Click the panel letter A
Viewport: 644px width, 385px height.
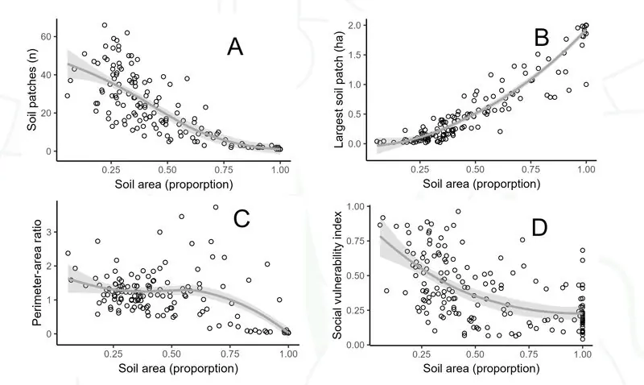234,48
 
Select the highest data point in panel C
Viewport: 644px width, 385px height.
216,207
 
